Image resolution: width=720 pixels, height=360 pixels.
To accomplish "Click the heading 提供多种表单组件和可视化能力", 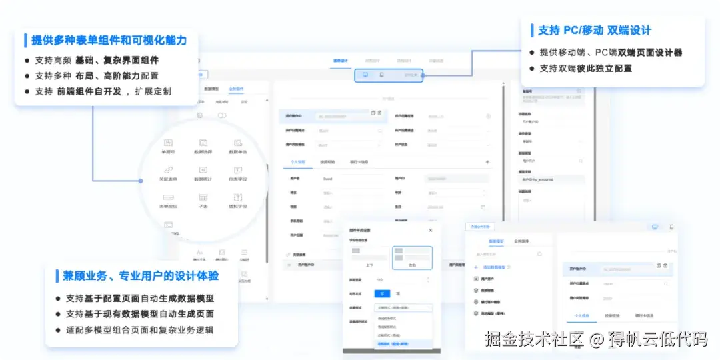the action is [x=109, y=40].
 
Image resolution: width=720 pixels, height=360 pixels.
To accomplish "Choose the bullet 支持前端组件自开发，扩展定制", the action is [x=103, y=91].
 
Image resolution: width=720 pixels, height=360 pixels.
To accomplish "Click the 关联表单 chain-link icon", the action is [x=169, y=170].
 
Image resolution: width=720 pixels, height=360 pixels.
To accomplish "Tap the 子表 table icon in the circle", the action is [x=203, y=197].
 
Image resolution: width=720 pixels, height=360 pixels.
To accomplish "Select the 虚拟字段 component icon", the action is [x=237, y=197].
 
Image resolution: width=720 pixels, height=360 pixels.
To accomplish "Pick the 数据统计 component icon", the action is [x=203, y=170].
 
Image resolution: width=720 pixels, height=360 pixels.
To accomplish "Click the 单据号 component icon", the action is [x=169, y=143].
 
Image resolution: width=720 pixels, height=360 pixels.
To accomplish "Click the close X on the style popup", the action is [x=430, y=231].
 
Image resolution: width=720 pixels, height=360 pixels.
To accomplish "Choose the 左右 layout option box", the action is [x=412, y=257].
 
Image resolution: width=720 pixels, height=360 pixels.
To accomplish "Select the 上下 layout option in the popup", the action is [x=369, y=257].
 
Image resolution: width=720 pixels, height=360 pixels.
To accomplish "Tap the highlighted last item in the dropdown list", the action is [x=393, y=344].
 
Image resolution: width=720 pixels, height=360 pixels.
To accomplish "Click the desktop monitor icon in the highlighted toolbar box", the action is [x=365, y=75].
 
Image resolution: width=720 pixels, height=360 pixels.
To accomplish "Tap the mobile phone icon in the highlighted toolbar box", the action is [x=381, y=75].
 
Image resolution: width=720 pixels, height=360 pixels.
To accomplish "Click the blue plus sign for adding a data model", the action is [x=475, y=267].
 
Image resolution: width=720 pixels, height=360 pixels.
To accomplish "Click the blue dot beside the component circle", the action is [x=141, y=181].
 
